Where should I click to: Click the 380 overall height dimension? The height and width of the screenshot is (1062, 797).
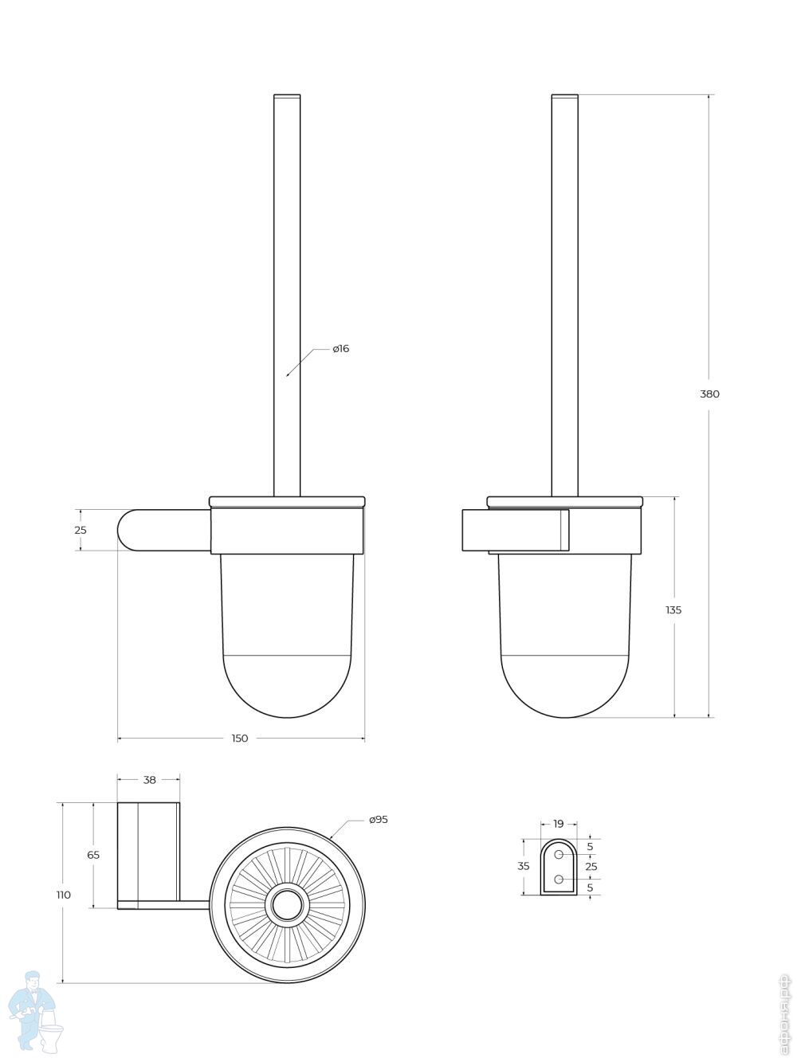(709, 394)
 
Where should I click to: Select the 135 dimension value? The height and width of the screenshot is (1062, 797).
(673, 610)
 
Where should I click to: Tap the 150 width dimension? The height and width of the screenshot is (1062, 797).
(240, 739)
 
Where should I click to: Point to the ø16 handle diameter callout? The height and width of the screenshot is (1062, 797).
(340, 349)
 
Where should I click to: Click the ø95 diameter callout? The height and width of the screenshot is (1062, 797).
(378, 820)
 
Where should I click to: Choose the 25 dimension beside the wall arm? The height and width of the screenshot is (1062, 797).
(80, 530)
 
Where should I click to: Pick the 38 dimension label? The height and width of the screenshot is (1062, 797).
(150, 780)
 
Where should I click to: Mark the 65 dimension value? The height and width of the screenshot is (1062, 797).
(93, 855)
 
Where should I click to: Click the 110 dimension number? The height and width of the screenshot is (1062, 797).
(64, 895)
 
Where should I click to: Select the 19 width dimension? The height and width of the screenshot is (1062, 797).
(558, 824)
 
